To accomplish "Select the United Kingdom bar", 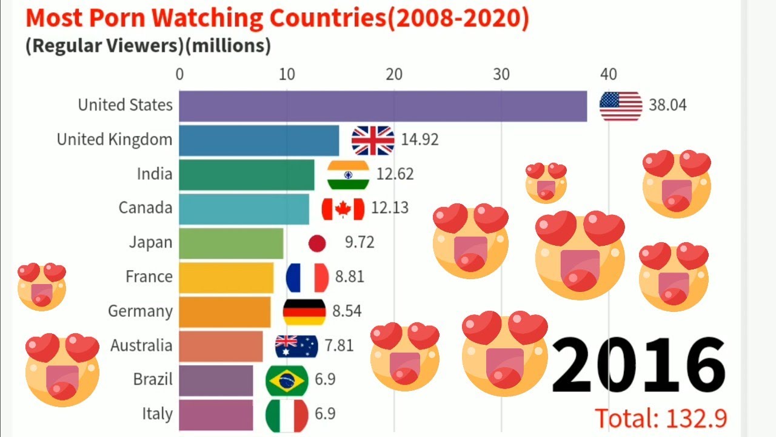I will pos(259,140).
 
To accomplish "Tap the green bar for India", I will pos(247,174).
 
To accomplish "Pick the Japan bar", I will pos(231,243).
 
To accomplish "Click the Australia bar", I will pos(221,346).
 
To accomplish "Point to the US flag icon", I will pos(620,106).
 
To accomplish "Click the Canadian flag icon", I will pos(343,209).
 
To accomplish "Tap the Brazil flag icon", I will pos(286,381).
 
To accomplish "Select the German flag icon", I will pos(304,312).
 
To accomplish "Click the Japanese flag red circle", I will pos(317,243).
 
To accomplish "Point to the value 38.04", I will pos(667,106).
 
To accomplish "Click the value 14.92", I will pos(420,140).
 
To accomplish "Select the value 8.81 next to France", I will pos(349,277).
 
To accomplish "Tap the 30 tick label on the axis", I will pos(501,75).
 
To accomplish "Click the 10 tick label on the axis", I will pos(287,75).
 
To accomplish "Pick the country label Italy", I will pos(157,415).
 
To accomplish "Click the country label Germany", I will pos(140,311).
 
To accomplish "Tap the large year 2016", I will pos(638,365).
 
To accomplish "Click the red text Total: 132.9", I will pos(660,418).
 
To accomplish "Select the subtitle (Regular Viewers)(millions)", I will pos(148,46).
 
